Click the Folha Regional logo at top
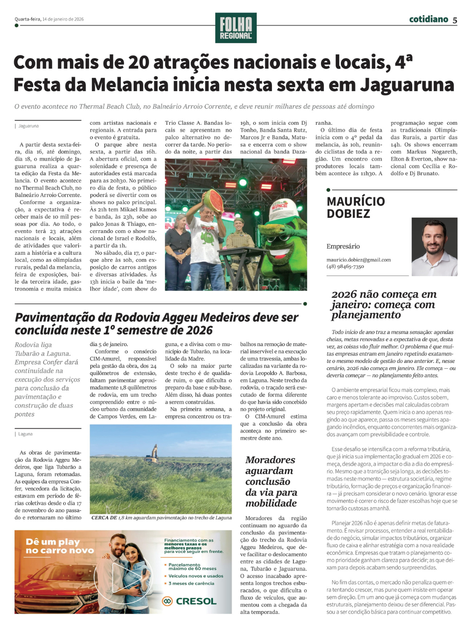tap(236, 28)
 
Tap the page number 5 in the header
tap(455, 20)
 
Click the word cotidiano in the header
tap(428, 19)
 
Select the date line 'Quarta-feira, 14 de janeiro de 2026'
tap(49, 19)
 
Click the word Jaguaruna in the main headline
tap(413, 85)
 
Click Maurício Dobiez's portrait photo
tap(434, 247)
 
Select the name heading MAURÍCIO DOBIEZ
tap(356, 207)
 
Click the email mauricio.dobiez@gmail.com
tap(359, 259)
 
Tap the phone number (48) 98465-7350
tap(345, 267)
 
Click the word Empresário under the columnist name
tap(343, 246)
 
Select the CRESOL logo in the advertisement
tap(190, 601)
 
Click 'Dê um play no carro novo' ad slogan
tap(60, 546)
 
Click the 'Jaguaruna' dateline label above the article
tap(28, 126)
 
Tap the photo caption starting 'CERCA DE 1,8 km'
tap(161, 518)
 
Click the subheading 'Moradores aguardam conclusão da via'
tap(271, 481)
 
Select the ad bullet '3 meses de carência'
tap(191, 583)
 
